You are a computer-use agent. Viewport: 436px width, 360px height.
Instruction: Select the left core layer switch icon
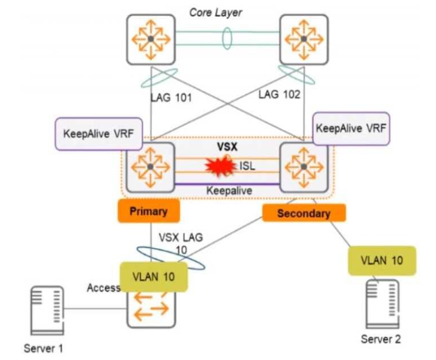pyautogui.click(x=151, y=40)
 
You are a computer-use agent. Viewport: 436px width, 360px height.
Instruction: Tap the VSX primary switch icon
pyautogui.click(x=151, y=167)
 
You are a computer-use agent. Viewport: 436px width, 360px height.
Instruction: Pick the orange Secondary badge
pyautogui.click(x=303, y=213)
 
